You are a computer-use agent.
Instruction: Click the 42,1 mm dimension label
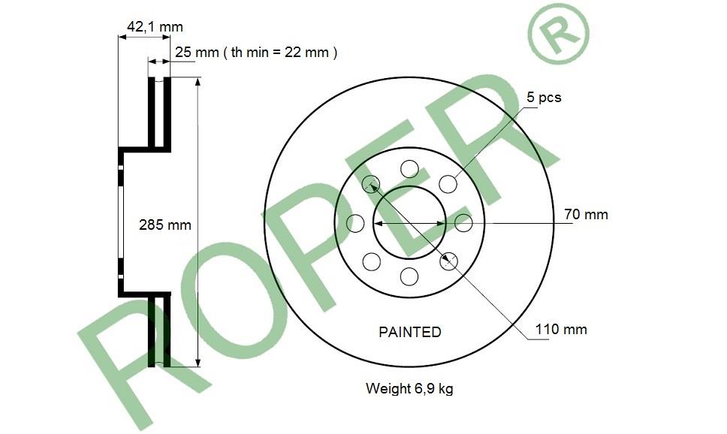(x=155, y=27)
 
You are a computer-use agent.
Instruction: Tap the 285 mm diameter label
(x=165, y=225)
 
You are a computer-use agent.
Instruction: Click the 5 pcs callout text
(x=544, y=98)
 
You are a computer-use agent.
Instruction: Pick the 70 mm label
(x=586, y=214)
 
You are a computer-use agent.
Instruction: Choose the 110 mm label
(x=561, y=329)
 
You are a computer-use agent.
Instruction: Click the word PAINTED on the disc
(x=410, y=332)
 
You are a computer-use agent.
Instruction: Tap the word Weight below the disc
(x=388, y=388)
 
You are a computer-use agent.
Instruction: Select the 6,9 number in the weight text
(x=423, y=388)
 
